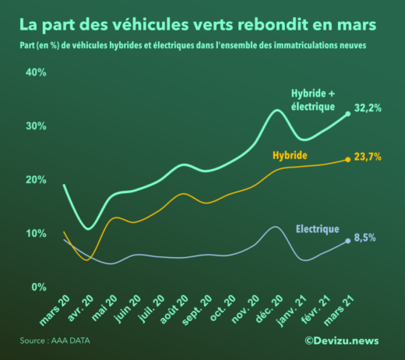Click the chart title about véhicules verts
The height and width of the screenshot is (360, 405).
click(198, 24)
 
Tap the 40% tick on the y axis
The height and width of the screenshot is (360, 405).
click(37, 72)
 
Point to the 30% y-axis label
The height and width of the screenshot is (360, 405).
click(37, 126)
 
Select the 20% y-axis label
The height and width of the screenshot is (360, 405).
click(37, 180)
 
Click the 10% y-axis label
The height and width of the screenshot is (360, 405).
click(37, 234)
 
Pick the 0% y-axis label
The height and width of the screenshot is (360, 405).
click(39, 288)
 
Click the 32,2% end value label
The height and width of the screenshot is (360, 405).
click(367, 108)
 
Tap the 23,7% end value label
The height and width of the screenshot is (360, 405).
click(367, 157)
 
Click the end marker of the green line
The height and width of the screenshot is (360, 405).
click(347, 114)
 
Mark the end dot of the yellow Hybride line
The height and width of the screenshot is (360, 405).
click(347, 160)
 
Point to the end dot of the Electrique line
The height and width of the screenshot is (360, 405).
click(347, 241)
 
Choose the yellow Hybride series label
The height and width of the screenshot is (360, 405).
click(289, 156)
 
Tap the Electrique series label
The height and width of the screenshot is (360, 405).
click(317, 229)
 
